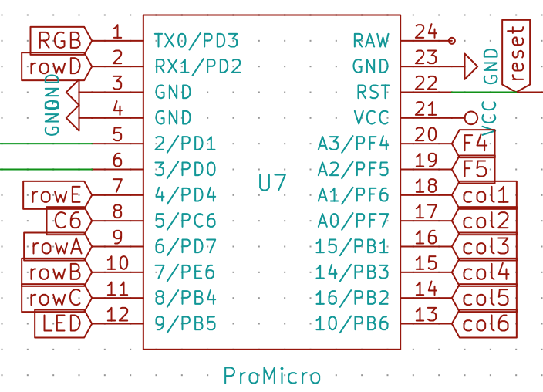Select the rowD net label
tap(54, 66)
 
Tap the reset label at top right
tap(517, 52)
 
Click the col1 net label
tap(485, 195)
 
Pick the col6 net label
tap(485, 324)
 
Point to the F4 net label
tap(474, 144)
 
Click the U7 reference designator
tap(271, 184)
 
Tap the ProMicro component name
tap(271, 376)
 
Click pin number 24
tap(426, 31)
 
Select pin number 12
tap(117, 314)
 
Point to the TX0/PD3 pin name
tap(196, 40)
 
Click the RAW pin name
tap(371, 40)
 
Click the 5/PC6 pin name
tap(185, 221)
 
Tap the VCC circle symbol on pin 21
tap(471, 118)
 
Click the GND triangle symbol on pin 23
tap(470, 66)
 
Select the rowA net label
tap(56, 247)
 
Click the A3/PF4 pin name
tap(353, 144)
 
